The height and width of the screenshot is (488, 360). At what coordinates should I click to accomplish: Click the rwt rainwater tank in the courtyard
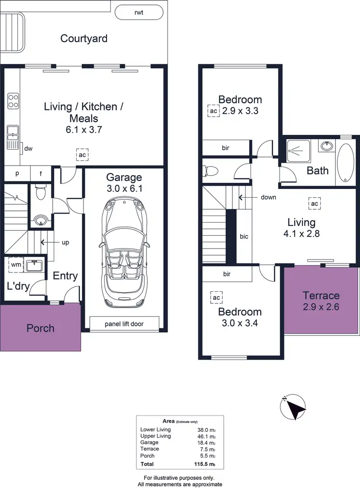tap(139, 13)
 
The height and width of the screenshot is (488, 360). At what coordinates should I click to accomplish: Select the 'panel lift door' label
tap(125, 324)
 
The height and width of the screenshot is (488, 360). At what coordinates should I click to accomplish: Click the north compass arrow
tap(293, 407)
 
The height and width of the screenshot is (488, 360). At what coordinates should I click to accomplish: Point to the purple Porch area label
tap(40, 329)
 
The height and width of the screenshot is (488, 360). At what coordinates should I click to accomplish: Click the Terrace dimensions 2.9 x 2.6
tap(321, 307)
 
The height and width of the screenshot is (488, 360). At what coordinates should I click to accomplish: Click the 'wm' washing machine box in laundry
tap(16, 264)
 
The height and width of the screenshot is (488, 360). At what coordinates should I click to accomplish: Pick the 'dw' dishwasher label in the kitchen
tap(28, 149)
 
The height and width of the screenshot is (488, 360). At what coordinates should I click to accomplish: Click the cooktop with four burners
tap(13, 101)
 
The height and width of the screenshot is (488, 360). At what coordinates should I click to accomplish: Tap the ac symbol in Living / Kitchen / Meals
tap(82, 155)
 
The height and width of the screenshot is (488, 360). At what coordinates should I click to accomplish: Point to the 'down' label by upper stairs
tap(268, 197)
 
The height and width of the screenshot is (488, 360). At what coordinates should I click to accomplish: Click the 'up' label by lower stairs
tap(65, 242)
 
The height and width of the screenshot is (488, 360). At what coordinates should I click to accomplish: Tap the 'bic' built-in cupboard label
tap(244, 237)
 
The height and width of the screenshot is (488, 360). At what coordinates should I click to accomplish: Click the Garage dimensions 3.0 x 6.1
tap(125, 189)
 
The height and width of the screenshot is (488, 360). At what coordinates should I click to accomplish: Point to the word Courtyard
tap(84, 38)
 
